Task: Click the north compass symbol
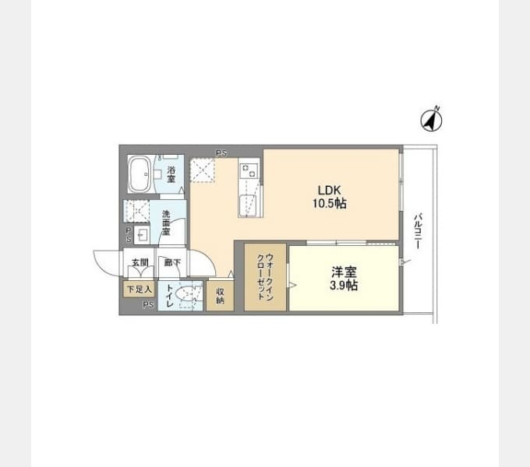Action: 431,120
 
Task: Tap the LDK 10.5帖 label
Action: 329,197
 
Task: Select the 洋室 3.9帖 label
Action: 344,279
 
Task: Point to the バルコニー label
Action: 419,231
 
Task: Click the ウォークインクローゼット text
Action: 265,276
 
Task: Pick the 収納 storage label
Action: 220,296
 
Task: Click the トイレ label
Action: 170,296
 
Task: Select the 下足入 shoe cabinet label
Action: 140,290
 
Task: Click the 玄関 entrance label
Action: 140,262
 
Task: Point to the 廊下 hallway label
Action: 172,262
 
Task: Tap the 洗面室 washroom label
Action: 166,223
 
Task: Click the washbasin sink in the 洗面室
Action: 142,234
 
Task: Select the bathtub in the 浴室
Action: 140,174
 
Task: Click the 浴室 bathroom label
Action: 171,174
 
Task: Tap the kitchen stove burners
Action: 249,170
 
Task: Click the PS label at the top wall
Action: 221,153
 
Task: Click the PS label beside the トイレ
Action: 148,304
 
